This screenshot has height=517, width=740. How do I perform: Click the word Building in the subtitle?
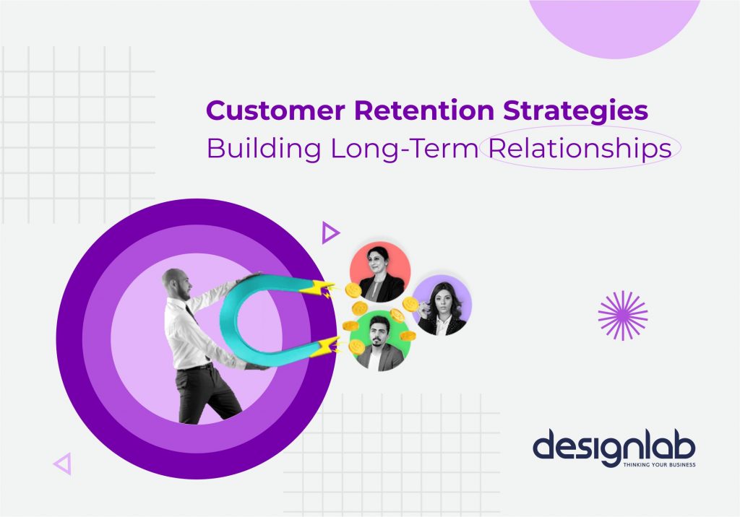click(x=264, y=148)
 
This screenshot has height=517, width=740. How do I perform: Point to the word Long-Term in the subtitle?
click(x=404, y=148)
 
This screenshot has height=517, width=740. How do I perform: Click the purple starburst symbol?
click(x=623, y=316)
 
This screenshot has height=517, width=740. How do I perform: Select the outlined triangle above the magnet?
click(x=330, y=233)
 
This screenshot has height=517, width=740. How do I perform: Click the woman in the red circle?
click(x=379, y=272)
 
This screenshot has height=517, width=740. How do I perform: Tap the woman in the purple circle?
click(x=441, y=306)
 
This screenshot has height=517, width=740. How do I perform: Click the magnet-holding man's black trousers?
click(x=197, y=394)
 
